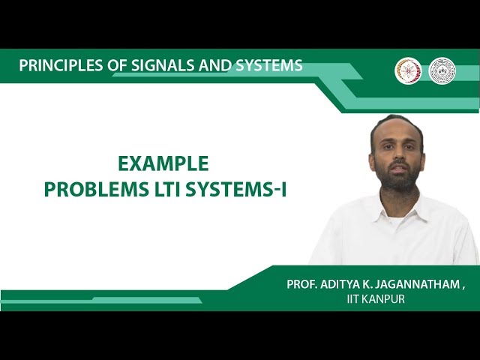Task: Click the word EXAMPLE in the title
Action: tap(163, 164)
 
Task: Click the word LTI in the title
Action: tap(159, 190)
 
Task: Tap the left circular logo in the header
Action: tap(408, 70)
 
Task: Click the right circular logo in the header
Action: tap(442, 70)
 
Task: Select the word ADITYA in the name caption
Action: tap(346, 285)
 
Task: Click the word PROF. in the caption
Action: tap(304, 285)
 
